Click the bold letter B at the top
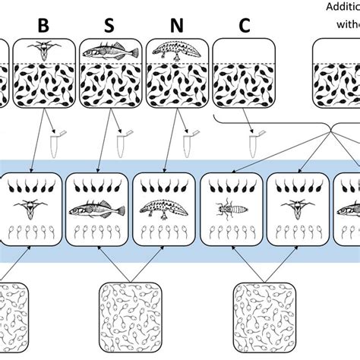point(43,25)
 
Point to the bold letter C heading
point(244,25)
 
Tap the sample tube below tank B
point(53,142)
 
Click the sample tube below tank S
point(121,142)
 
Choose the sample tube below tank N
point(188,142)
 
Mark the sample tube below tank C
point(254,142)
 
